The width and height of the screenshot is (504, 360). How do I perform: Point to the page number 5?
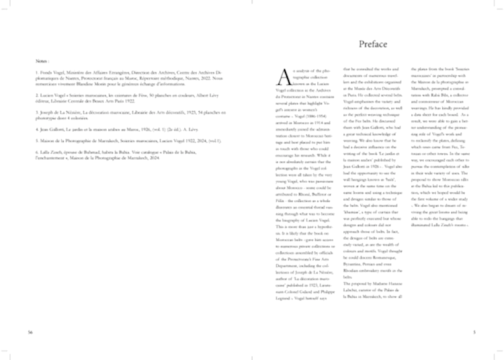(474, 331)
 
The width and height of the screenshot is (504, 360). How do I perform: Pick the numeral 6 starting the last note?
(38, 171)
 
